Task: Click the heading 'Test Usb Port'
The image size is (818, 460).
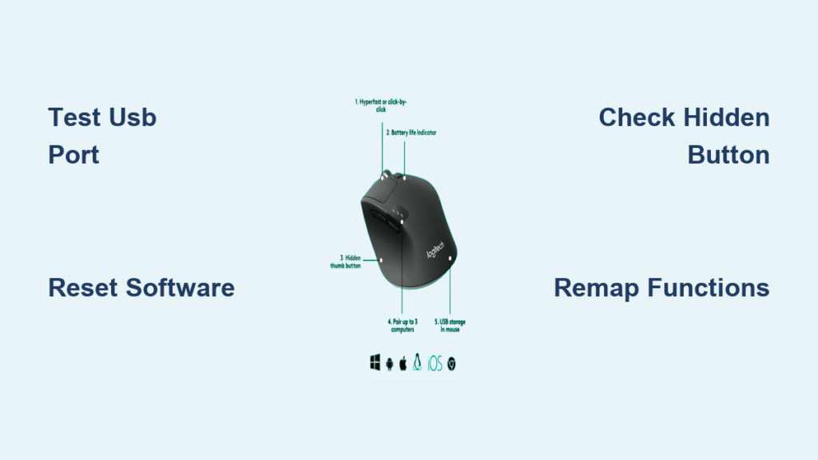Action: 102,136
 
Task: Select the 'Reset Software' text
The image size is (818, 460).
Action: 141,287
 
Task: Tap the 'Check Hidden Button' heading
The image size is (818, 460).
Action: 684,136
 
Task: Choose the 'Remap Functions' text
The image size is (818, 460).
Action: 661,287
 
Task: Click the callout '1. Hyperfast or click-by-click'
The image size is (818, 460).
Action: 386,105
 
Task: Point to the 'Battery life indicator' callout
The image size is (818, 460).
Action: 412,132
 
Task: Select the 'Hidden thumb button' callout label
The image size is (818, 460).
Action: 350,261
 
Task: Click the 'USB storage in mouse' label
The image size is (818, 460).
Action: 450,325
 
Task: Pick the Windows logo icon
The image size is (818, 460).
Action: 375,363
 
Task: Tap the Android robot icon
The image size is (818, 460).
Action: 390,364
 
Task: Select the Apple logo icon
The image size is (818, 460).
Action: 403,363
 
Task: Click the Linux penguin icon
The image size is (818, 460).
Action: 417,363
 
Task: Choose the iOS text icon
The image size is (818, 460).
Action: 435,364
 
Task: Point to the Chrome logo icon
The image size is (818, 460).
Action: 451,364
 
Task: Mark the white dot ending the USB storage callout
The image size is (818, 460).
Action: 451,259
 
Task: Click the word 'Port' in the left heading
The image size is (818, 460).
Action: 73,155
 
